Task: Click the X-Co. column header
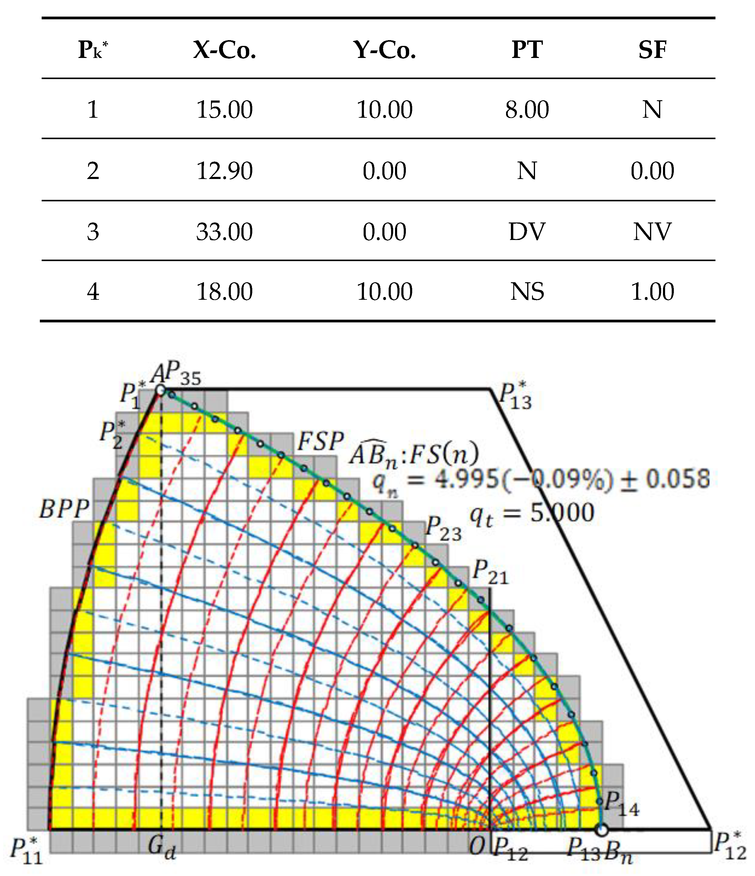[225, 50]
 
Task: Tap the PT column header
[527, 50]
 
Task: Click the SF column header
[652, 50]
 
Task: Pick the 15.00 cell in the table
[225, 110]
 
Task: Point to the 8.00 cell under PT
[527, 110]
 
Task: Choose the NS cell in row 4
[527, 291]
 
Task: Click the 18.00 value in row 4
[225, 291]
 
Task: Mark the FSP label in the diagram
[320, 442]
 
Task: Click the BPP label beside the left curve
[64, 509]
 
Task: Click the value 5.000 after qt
[562, 513]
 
